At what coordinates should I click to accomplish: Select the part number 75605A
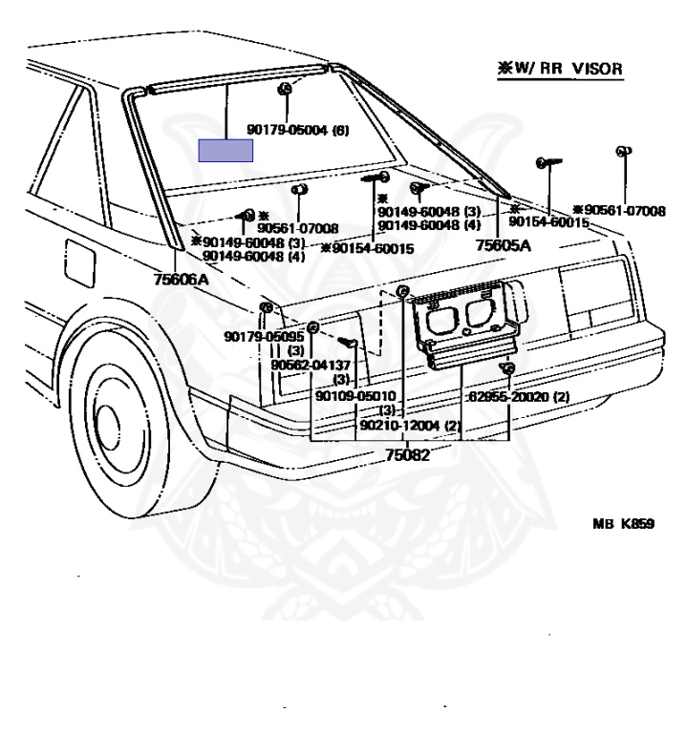point(503,245)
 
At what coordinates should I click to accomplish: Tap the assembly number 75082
point(406,455)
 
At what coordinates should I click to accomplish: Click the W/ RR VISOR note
point(560,69)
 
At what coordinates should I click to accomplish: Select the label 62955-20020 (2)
point(519,396)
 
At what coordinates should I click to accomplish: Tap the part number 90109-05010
point(354,396)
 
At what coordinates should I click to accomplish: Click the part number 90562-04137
point(311,365)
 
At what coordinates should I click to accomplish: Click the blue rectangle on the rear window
point(225,151)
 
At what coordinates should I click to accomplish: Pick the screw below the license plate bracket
point(509,368)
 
